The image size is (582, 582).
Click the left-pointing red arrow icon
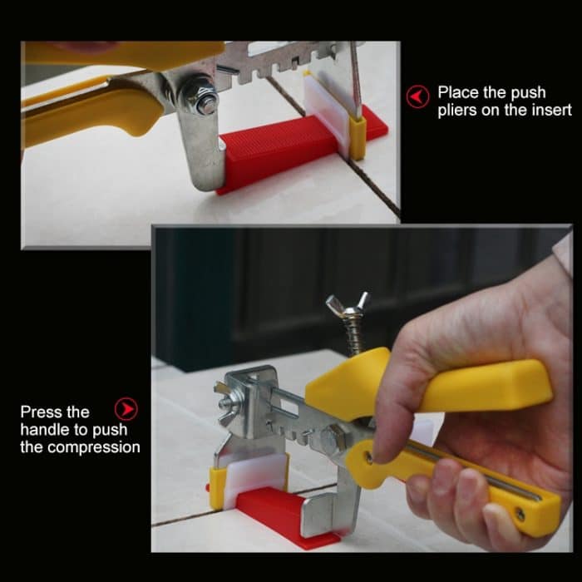418,96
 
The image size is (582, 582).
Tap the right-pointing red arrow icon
125,411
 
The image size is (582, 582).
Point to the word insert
551,111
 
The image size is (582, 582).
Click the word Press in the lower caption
42,412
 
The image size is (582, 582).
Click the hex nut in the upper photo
201,94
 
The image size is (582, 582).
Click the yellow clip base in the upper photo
358,136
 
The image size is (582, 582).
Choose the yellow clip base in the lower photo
217,487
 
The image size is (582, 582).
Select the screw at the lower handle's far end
519,515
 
